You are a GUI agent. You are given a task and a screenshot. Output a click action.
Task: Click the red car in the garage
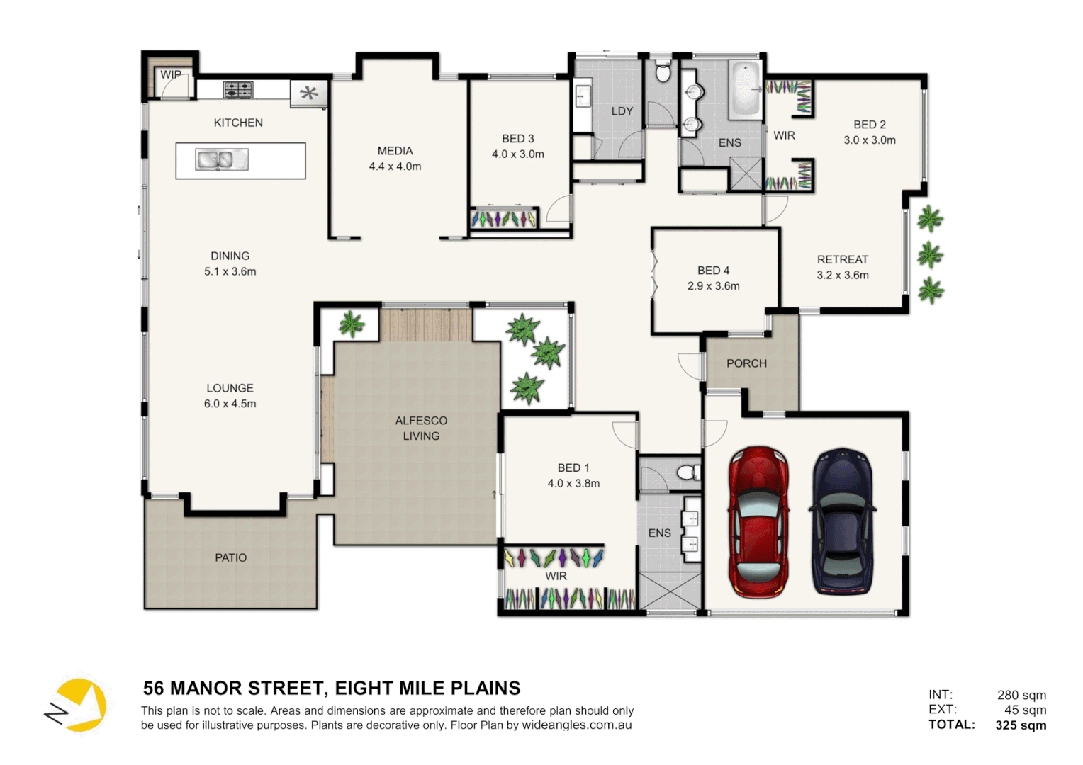[x=758, y=522]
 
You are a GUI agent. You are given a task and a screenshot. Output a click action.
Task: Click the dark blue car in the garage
[x=842, y=522]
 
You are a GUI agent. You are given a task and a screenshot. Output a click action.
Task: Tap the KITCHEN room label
[x=238, y=123]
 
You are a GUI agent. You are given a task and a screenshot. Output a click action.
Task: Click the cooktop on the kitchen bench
[x=238, y=90]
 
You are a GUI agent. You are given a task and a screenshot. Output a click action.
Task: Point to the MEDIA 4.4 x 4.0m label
[x=395, y=159]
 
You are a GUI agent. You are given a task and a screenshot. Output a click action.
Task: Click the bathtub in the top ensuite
[x=745, y=89]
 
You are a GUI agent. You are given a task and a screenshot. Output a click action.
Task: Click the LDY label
[x=622, y=111]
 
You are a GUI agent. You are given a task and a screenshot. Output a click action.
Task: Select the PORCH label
[x=746, y=363]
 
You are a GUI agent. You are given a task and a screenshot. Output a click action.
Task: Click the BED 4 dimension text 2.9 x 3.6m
[x=713, y=286]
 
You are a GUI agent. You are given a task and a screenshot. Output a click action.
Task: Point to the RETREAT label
[x=842, y=260]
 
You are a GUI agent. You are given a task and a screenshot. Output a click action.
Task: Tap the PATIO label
[x=231, y=558]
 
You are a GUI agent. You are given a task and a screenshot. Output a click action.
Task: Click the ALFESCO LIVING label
[x=421, y=429]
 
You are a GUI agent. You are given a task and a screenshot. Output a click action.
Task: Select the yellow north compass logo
[x=78, y=705]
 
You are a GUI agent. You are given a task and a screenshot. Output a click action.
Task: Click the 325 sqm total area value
[x=1021, y=725]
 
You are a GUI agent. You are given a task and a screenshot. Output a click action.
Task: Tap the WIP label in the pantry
[x=170, y=74]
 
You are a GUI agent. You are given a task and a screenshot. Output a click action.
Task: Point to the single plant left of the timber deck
[x=351, y=324]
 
